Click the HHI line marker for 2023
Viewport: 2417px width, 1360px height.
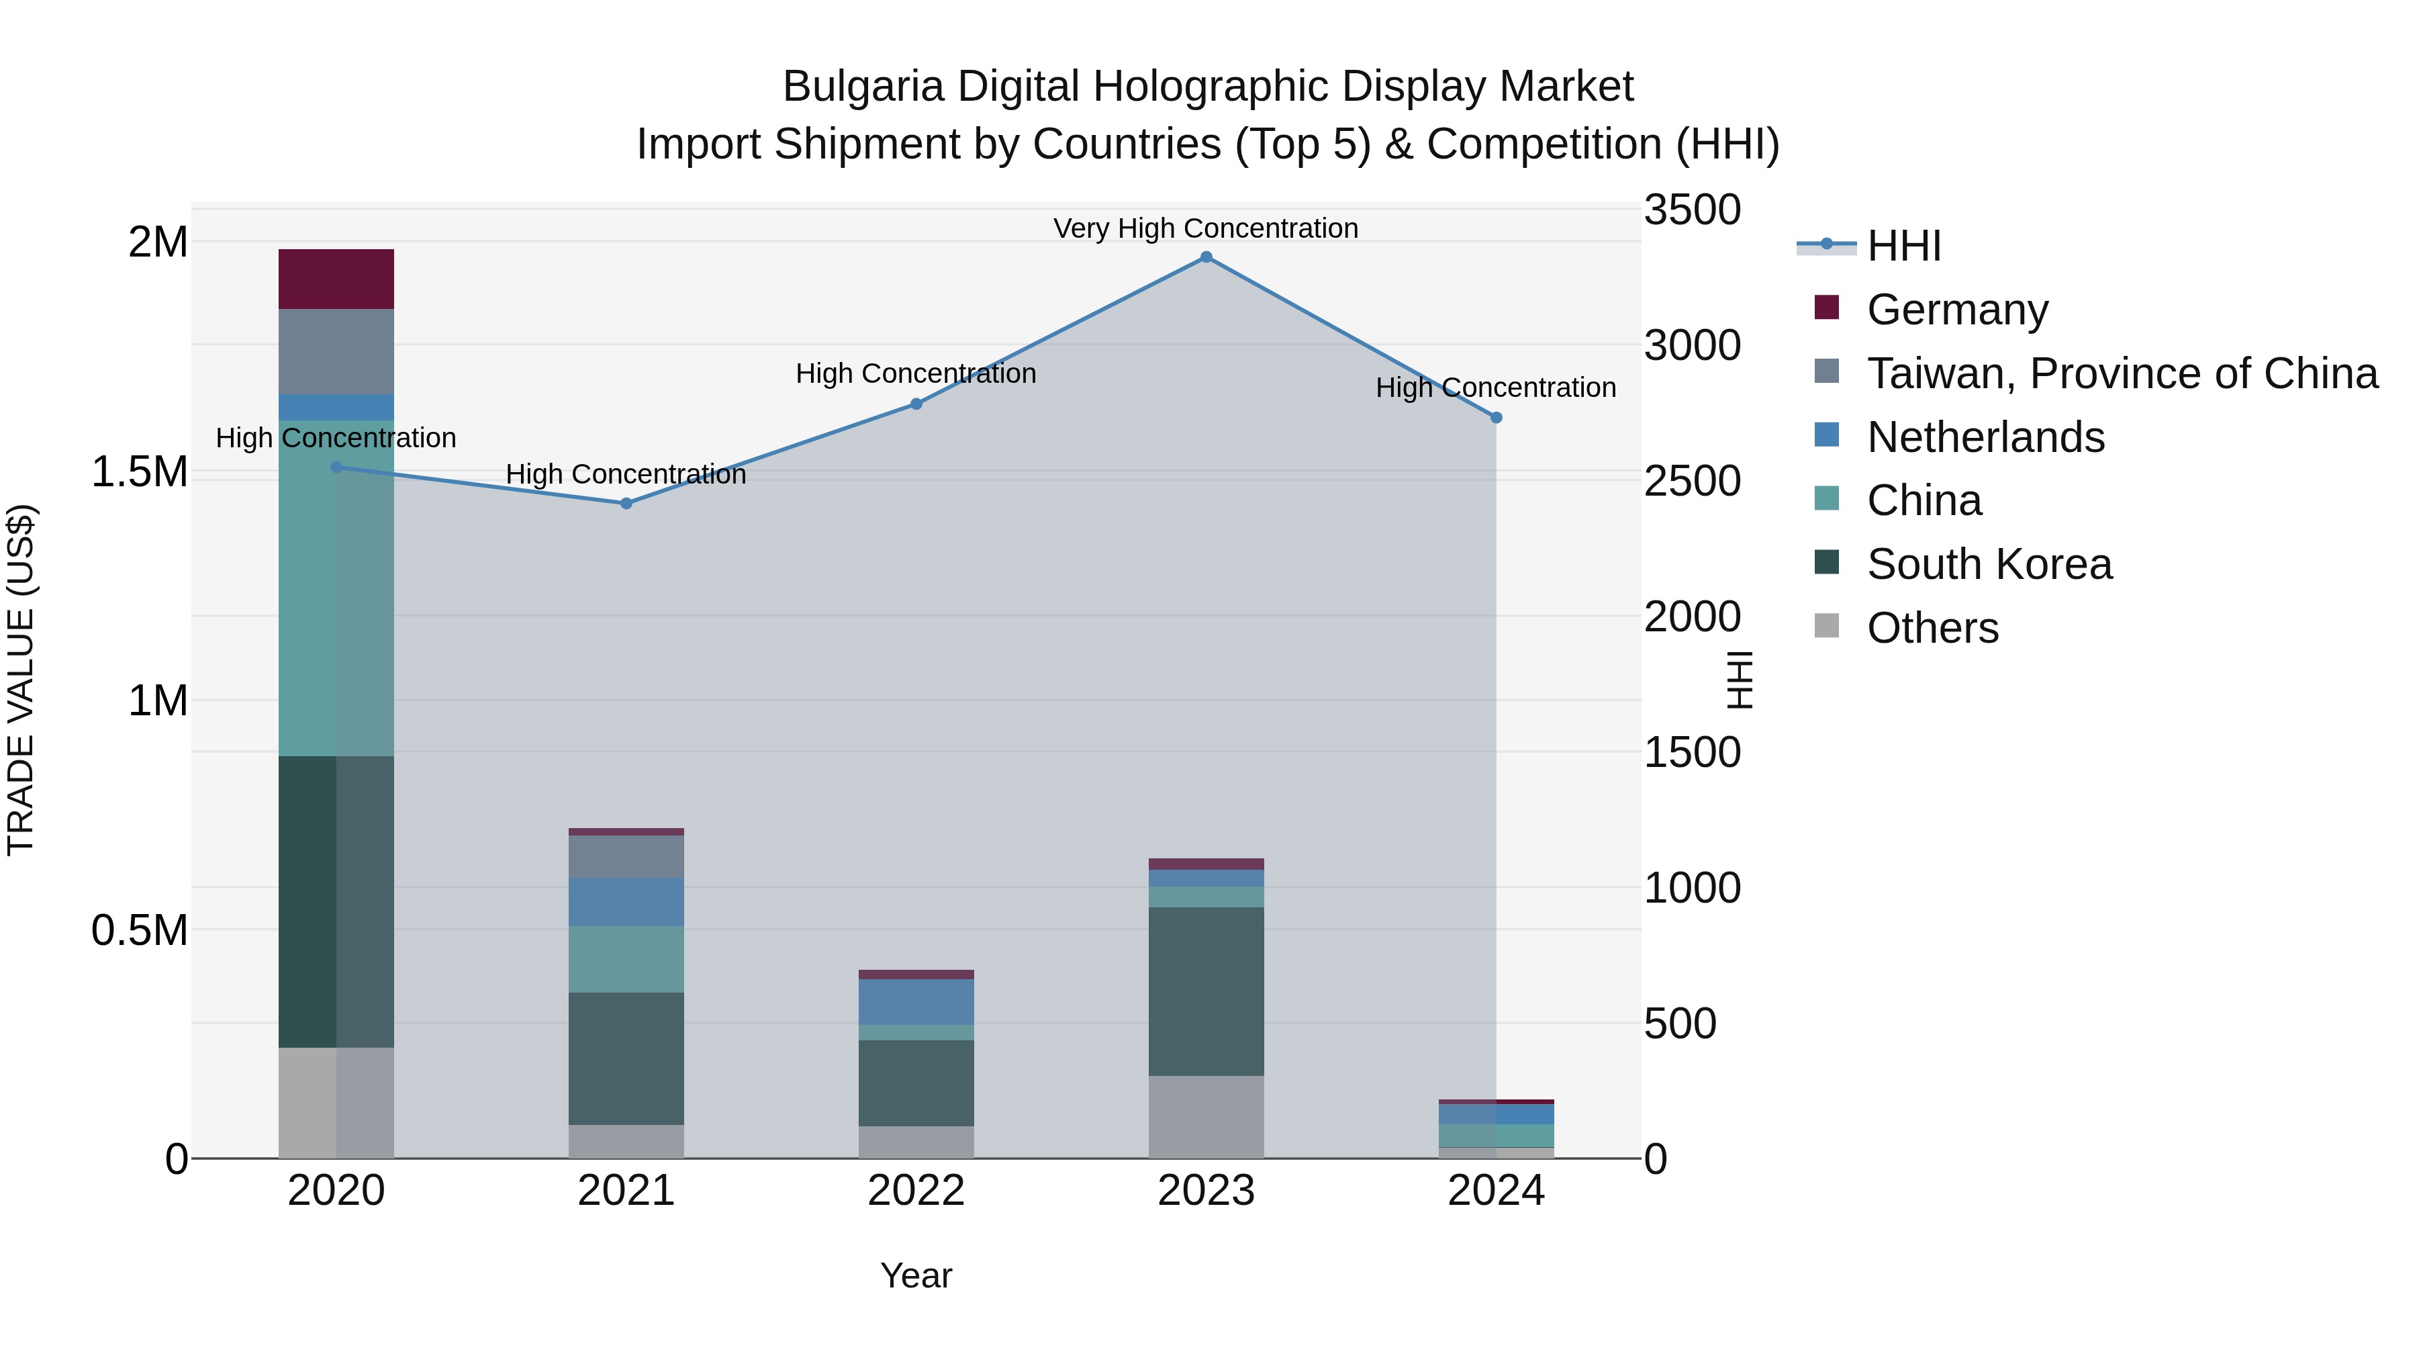tap(1206, 257)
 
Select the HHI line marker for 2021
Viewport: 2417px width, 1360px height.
tap(627, 503)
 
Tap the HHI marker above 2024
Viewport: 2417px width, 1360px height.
tap(1497, 418)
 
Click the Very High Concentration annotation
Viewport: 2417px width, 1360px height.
tap(1206, 228)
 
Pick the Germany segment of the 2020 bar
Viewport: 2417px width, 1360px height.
tap(336, 279)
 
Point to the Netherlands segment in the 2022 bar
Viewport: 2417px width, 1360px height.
tap(916, 1001)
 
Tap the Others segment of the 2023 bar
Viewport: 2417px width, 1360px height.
tap(1206, 1116)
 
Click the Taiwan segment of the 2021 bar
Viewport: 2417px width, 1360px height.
tap(627, 856)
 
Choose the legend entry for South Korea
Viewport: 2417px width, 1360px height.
tap(1989, 564)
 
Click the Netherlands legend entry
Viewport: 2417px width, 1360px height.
tap(1985, 437)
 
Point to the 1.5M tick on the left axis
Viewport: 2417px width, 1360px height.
tap(140, 472)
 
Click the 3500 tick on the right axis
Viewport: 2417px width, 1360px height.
tap(1692, 210)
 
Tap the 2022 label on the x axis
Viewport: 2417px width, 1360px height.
tap(916, 1191)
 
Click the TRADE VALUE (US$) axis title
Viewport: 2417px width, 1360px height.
tap(21, 680)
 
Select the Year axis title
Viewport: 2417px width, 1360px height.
tap(916, 1275)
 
